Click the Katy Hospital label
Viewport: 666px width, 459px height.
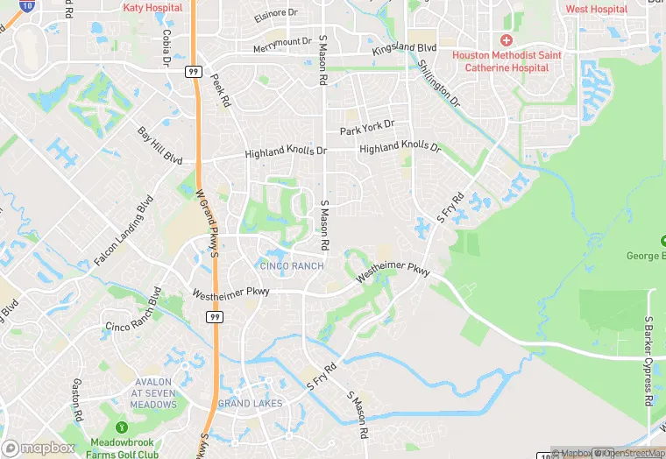click(x=152, y=7)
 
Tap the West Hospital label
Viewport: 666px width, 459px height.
click(x=597, y=9)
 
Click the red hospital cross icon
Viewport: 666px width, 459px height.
click(x=506, y=40)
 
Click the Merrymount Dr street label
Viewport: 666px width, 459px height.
click(x=281, y=43)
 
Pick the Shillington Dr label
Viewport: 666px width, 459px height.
click(x=438, y=83)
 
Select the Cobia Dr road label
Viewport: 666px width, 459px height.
click(x=165, y=46)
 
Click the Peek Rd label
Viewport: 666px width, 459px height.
click(x=220, y=90)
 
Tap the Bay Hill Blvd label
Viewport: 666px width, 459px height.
click(x=159, y=145)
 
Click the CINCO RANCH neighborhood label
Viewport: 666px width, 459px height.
click(x=291, y=265)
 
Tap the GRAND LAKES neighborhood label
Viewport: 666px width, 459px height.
click(x=250, y=403)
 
